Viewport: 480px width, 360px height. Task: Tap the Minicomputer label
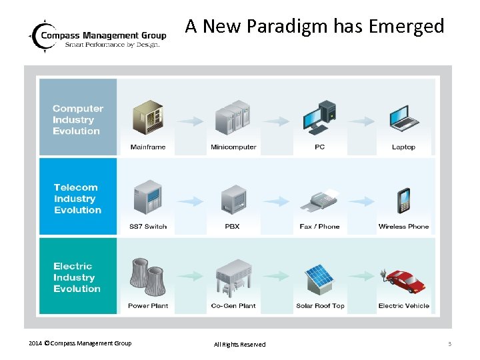pyautogui.click(x=233, y=147)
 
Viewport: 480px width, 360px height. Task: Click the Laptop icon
pyautogui.click(x=404, y=118)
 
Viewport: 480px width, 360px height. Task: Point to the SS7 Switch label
pyautogui.click(x=148, y=227)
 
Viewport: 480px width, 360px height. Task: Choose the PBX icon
pyautogui.click(x=233, y=199)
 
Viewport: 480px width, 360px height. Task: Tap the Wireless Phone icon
pyautogui.click(x=404, y=200)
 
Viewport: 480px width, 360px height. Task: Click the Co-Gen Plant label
pyautogui.click(x=233, y=306)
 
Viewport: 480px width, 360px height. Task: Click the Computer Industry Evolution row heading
pyautogui.click(x=77, y=120)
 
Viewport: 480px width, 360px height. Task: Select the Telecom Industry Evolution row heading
pyautogui.click(x=77, y=199)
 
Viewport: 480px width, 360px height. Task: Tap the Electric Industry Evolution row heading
pyautogui.click(x=77, y=277)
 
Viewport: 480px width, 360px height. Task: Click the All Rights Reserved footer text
pyautogui.click(x=239, y=345)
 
